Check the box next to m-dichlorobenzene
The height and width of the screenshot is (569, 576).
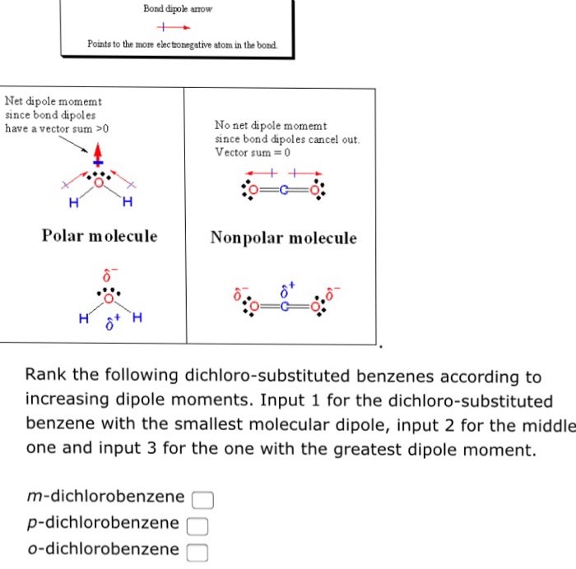pyautogui.click(x=203, y=499)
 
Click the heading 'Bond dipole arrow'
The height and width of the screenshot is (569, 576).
pyautogui.click(x=177, y=9)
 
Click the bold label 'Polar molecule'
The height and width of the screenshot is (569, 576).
pyautogui.click(x=100, y=236)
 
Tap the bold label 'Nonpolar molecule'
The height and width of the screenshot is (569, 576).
pyautogui.click(x=283, y=238)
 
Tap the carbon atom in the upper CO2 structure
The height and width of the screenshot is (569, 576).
pyautogui.click(x=281, y=189)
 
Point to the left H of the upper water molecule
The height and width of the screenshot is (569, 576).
pyautogui.click(x=73, y=203)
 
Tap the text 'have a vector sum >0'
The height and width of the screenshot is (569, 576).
pyautogui.click(x=57, y=128)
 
